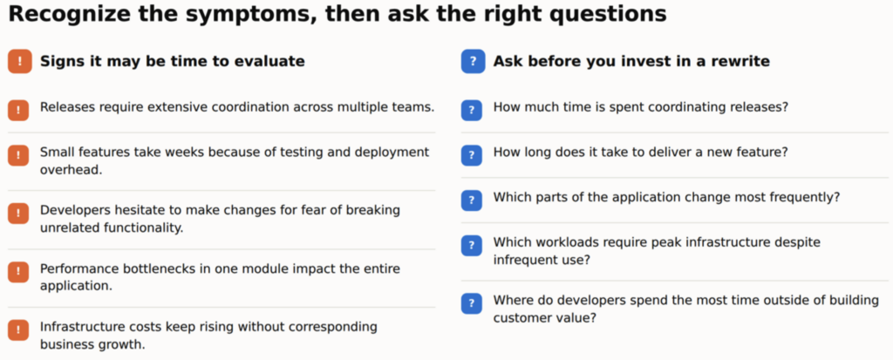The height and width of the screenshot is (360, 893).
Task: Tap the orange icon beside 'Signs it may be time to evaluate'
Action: (20, 62)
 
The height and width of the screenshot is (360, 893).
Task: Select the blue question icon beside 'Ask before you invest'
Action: (473, 62)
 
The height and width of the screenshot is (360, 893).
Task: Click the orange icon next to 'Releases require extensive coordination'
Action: (18, 111)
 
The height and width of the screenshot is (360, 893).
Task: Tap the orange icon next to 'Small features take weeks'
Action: (18, 155)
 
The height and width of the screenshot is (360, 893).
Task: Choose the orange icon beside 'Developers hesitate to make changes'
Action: (18, 214)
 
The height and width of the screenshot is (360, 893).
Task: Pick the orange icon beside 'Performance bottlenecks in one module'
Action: (18, 272)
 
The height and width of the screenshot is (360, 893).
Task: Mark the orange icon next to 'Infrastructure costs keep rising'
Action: (18, 329)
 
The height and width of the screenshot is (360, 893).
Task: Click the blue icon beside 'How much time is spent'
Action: (472, 111)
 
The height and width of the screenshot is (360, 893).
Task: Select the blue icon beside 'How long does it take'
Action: (472, 155)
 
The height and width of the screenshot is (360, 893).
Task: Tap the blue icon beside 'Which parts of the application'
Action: (472, 200)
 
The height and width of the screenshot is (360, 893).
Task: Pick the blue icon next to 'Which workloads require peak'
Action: (472, 246)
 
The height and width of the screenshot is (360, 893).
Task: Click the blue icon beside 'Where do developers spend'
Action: (472, 303)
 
